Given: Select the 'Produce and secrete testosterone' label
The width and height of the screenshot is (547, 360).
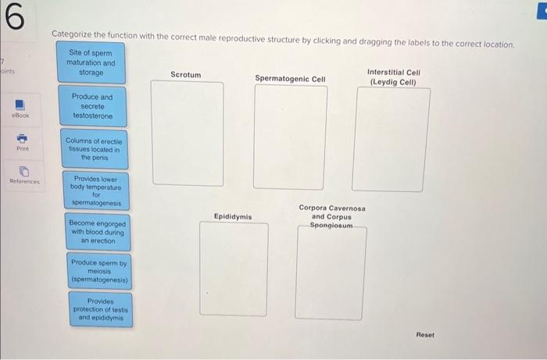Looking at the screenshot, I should pos(92,106).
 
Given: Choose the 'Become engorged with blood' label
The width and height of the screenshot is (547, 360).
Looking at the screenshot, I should pos(97,232).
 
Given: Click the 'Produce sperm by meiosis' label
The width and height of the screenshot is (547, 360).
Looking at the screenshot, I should pos(99,270).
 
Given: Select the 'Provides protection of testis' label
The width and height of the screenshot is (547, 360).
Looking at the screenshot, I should pos(100,310).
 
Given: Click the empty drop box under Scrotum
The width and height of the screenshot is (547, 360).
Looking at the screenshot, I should pos(187,133).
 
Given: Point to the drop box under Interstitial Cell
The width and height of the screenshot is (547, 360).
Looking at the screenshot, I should pos(392,138).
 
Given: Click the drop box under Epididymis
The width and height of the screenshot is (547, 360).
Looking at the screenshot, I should pos(233,269).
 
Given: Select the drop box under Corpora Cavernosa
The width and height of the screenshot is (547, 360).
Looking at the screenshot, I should pos(331,273).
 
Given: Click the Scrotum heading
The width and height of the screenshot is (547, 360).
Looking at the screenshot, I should pos(185,75).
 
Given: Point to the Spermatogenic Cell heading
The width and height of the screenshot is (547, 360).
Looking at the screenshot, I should pos(290,78).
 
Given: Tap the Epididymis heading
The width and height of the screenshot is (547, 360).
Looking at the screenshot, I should pos(233,216).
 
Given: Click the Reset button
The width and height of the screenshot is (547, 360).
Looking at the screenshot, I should pos(425,334).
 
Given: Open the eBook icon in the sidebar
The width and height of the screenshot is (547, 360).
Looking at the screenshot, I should pos(20,105).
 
